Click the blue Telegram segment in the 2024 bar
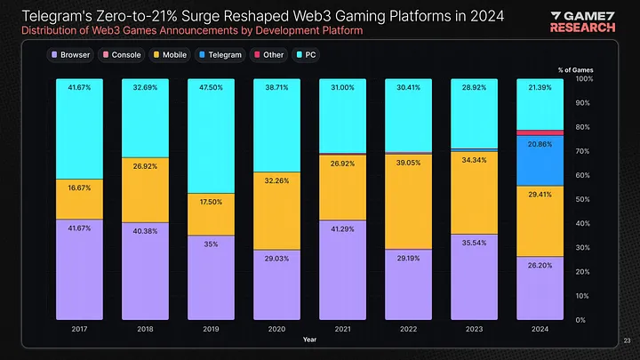540,160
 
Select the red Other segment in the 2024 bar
540,132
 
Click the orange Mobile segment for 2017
78,199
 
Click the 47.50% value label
211,87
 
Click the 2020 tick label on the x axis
276,328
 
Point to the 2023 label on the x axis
475,328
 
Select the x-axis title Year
308,339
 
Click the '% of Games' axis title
575,69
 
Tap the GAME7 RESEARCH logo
583,21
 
